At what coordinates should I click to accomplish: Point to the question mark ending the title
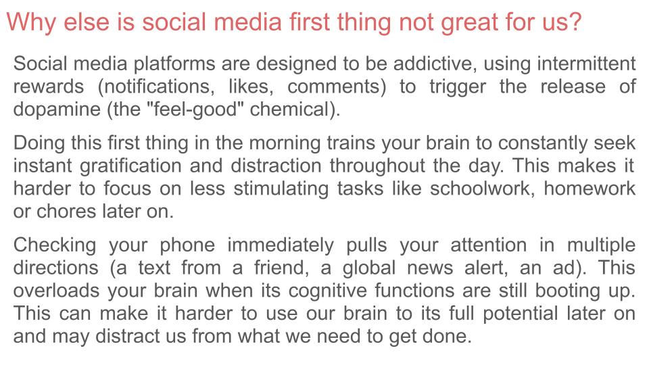pyautogui.click(x=575, y=22)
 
